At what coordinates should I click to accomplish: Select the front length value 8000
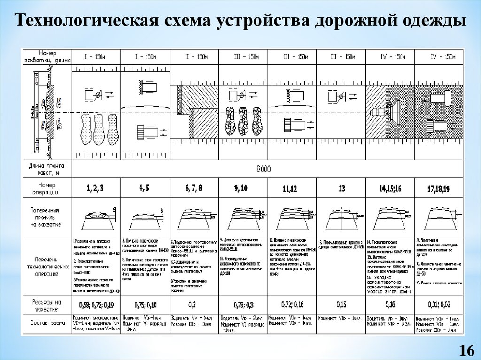[264, 169]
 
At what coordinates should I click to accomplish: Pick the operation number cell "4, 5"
[144, 189]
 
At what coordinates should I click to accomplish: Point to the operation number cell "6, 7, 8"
[194, 189]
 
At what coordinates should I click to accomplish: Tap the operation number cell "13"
[341, 189]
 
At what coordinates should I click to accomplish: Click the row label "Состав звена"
[48, 322]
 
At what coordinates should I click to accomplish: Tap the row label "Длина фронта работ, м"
[48, 169]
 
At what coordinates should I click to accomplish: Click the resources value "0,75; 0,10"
[144, 306]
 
